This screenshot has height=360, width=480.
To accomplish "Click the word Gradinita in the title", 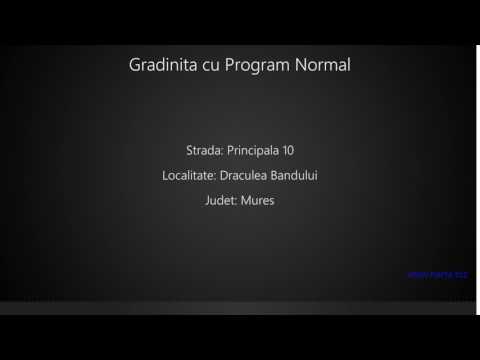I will pos(162,65).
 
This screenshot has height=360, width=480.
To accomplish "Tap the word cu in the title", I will pos(209,65).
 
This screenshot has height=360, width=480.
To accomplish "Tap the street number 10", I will pos(287,150).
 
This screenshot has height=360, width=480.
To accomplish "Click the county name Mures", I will pos(257,200).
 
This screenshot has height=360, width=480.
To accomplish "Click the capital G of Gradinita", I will pos(135,65).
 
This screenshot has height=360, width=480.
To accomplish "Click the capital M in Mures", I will pos(245,200).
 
